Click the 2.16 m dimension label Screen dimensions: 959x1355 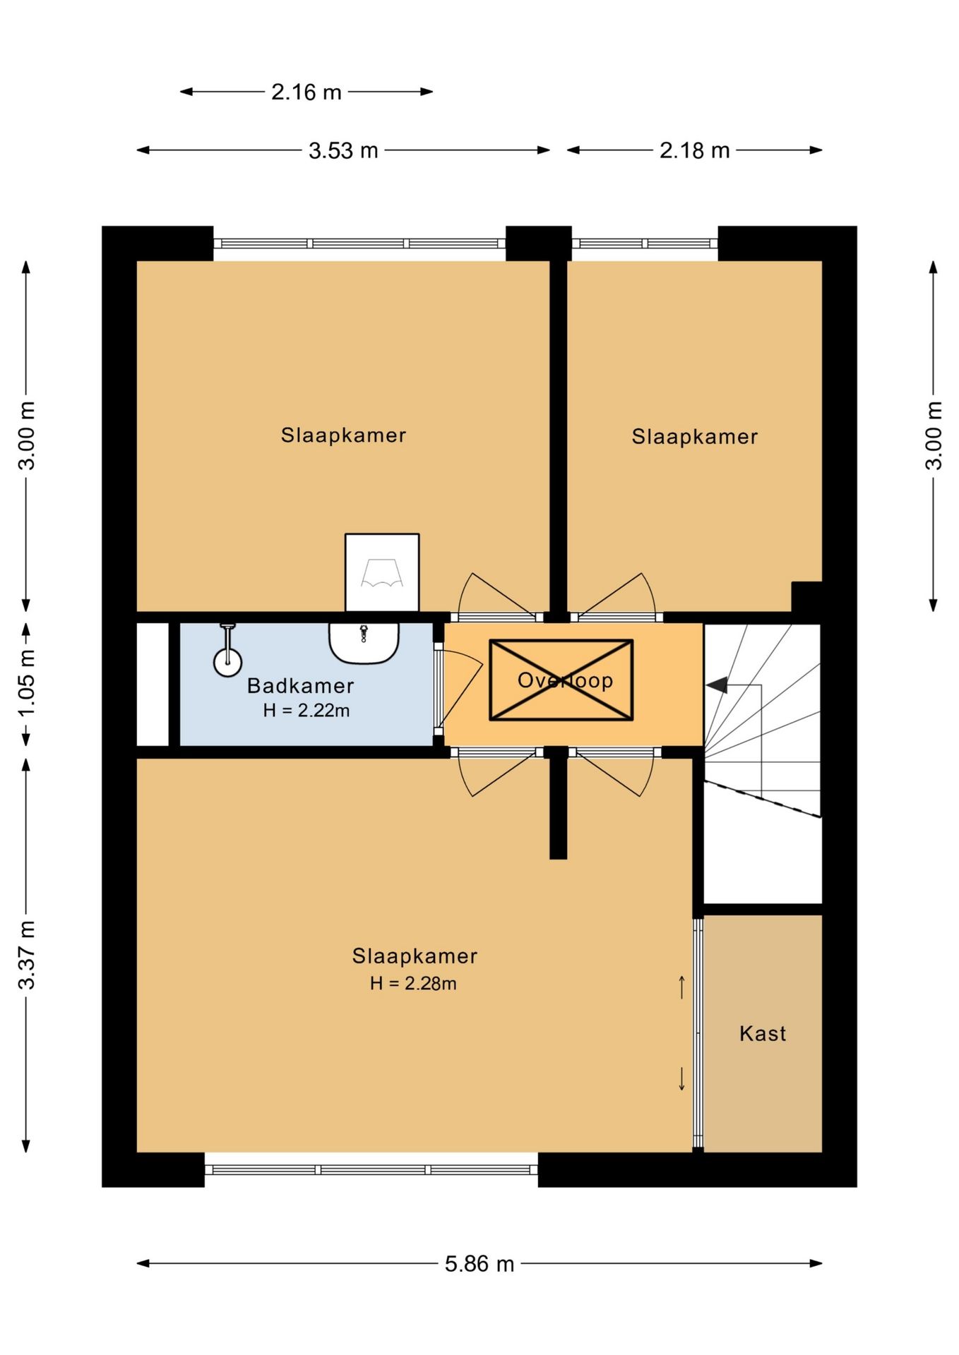306,92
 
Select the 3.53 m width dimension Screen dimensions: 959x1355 343,150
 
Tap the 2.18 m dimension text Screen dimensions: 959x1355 694,150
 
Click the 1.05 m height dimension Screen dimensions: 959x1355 27,682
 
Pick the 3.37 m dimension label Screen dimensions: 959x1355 27,955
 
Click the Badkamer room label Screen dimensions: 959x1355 300,685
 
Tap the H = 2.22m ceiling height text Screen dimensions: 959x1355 306,710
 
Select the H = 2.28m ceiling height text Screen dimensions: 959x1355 413,983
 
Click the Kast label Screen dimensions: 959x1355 763,1033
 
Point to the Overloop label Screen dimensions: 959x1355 565,680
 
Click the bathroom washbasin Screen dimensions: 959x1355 364,643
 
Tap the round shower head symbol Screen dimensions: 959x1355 227,663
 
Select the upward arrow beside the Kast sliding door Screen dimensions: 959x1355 681,987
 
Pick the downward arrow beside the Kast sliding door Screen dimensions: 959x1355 681,1078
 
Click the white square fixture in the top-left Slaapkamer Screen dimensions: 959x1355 382,572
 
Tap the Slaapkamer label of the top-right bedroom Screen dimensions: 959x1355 694,437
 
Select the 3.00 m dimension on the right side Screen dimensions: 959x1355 934,435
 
